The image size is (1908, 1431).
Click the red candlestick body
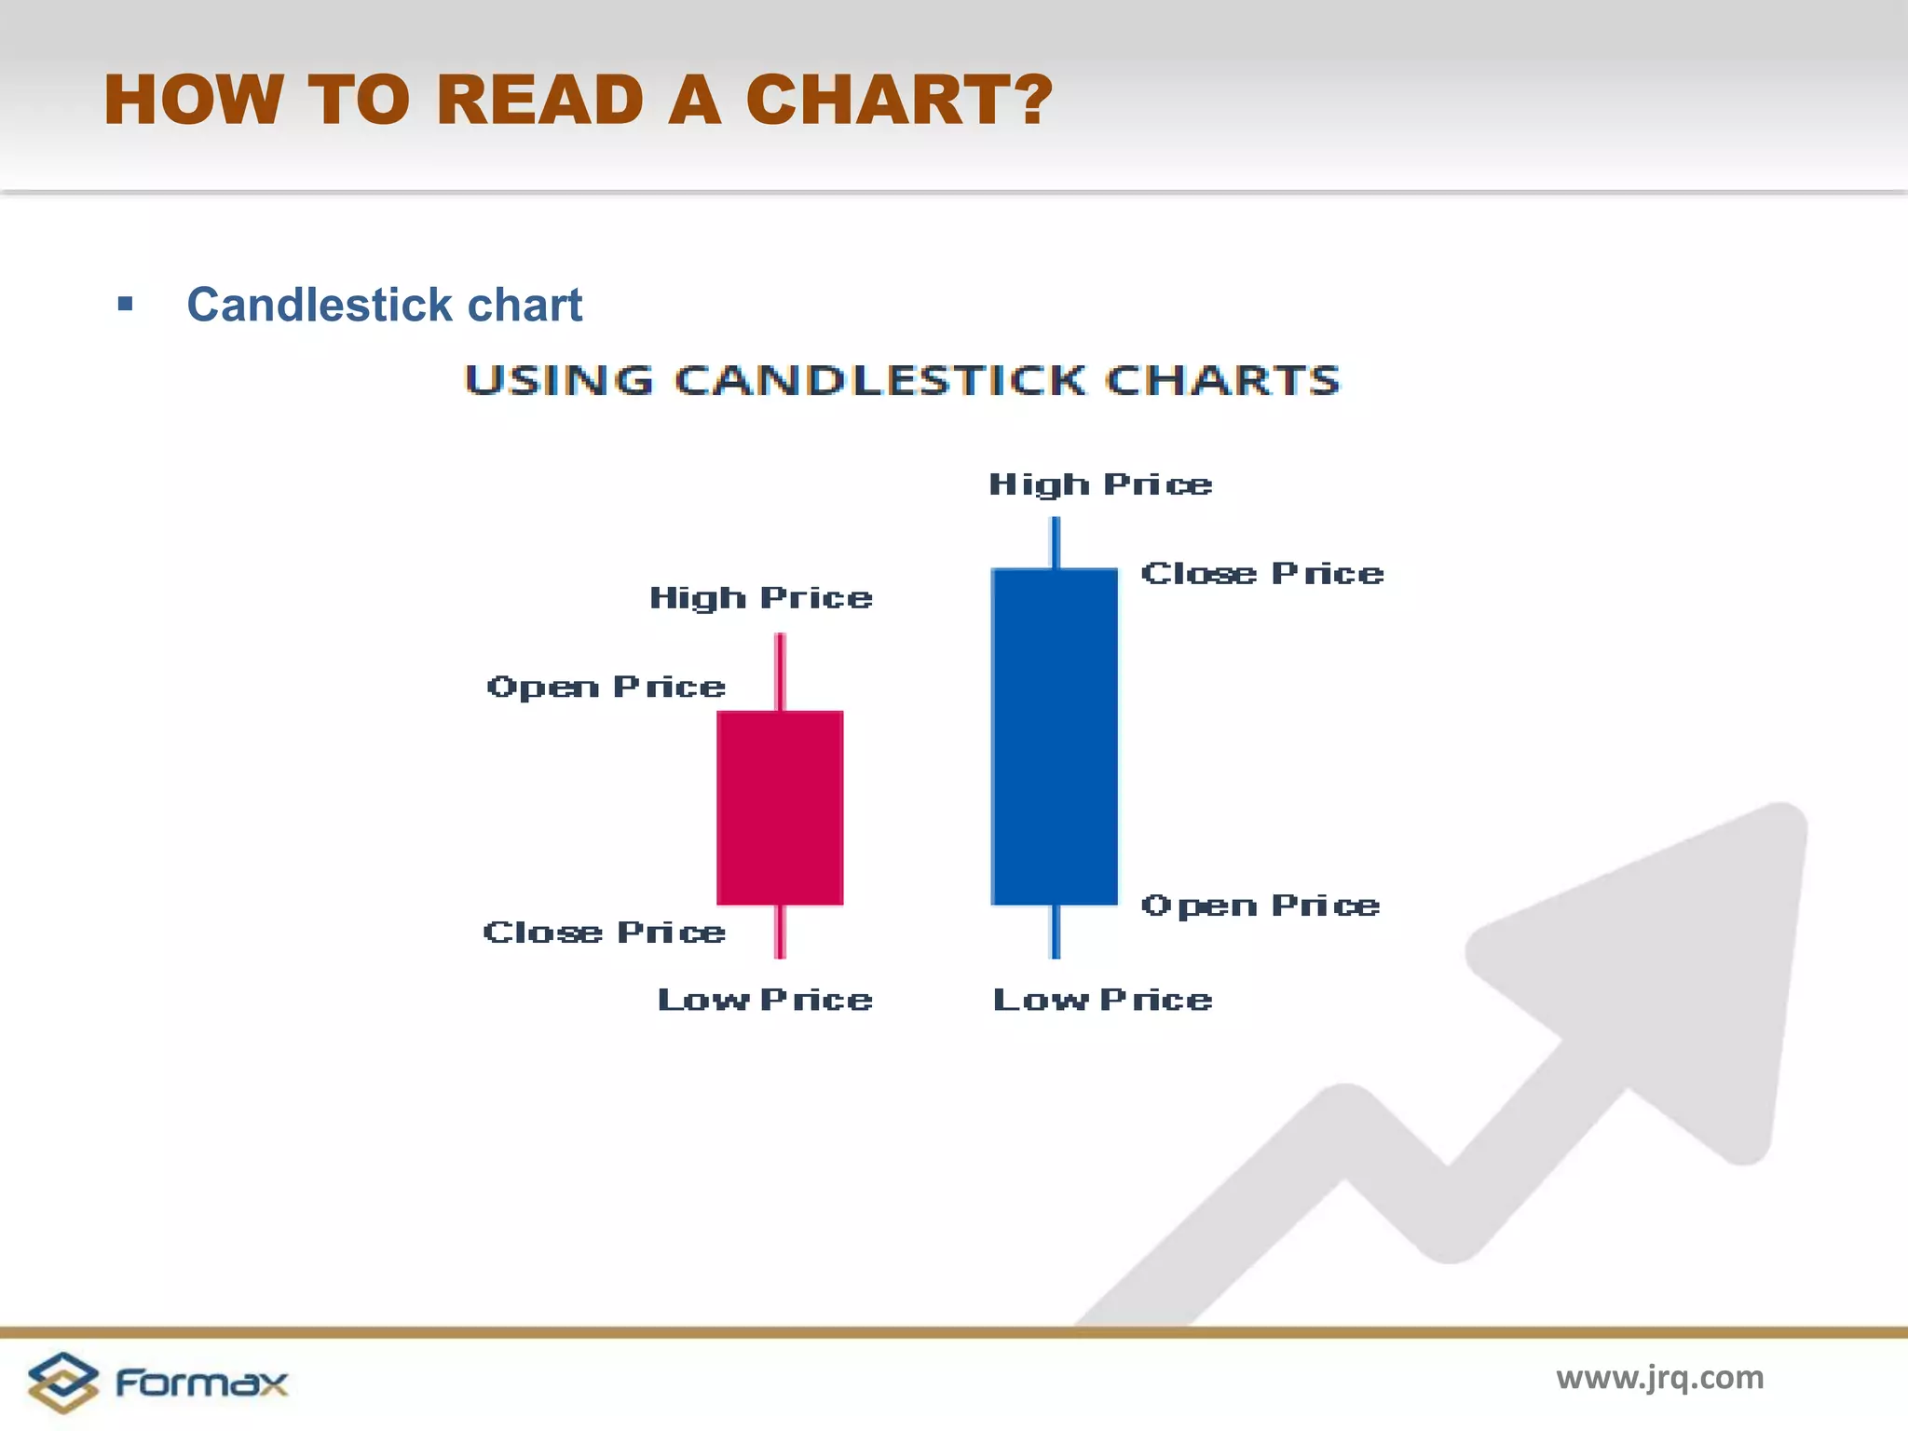click(780, 807)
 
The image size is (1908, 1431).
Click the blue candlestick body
click(1055, 736)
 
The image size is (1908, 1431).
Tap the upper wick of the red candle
click(781, 671)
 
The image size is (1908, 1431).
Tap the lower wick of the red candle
click(781, 931)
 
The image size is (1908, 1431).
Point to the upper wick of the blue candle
click(1056, 542)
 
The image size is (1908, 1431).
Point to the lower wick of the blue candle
click(1056, 931)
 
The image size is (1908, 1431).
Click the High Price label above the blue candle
click(1100, 484)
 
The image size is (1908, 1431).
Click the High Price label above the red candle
click(761, 598)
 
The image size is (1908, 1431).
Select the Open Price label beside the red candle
click(606, 688)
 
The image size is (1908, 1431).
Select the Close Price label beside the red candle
click(604, 933)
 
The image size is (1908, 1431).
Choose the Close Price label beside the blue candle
click(1262, 574)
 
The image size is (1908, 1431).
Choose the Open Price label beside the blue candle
click(1261, 906)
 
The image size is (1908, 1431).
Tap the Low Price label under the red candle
click(765, 1001)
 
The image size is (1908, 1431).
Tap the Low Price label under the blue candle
click(1103, 1001)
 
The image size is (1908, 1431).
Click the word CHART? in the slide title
click(899, 100)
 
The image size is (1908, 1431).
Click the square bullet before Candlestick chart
click(126, 304)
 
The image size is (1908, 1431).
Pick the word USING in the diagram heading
click(559, 380)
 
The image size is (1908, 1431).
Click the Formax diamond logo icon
click(62, 1382)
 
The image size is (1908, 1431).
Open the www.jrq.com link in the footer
click(1659, 1377)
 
